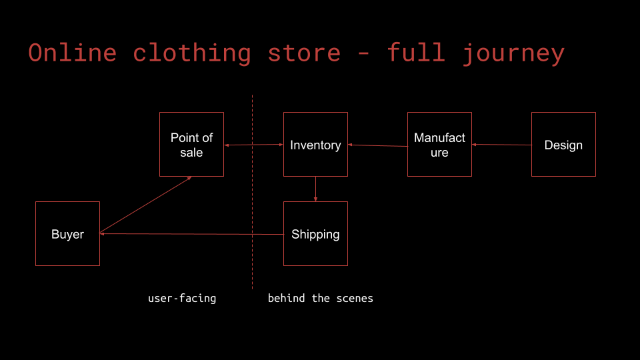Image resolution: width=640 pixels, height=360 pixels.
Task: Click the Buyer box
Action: tap(67, 233)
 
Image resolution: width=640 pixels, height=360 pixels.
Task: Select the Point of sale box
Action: tap(191, 144)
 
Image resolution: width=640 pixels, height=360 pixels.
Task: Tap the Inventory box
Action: tap(315, 144)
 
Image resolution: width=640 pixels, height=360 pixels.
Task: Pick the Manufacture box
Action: tap(439, 144)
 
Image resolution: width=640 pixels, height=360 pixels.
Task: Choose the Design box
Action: tap(563, 144)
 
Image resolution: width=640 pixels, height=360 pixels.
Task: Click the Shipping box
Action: tap(315, 233)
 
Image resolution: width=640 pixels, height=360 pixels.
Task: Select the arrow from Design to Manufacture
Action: tap(501, 144)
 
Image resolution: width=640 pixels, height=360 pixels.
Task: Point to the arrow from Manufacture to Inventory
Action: tap(377, 145)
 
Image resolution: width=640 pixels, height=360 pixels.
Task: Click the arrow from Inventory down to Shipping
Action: tap(315, 189)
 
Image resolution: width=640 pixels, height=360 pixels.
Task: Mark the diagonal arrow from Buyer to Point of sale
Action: tap(145, 205)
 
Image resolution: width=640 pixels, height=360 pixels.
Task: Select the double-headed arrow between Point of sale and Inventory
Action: tap(253, 145)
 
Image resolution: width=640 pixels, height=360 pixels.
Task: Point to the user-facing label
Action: tap(182, 298)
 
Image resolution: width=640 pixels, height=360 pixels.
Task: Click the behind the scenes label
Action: tap(320, 298)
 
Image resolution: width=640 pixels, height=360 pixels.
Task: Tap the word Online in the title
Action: tap(73, 53)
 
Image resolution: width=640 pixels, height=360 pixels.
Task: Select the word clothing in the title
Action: tap(192, 53)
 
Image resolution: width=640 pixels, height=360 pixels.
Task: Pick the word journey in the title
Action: tap(513, 53)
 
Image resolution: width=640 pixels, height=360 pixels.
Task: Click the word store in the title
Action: tap(304, 53)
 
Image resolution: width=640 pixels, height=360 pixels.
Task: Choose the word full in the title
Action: tap(416, 53)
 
